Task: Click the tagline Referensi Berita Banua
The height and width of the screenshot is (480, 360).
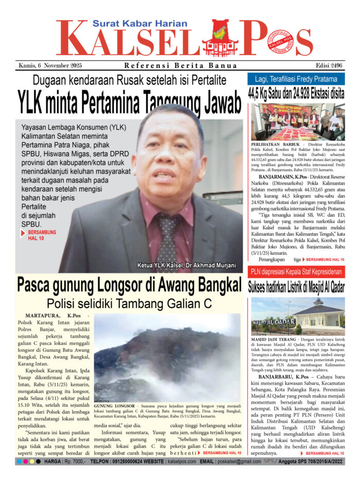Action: click(x=181, y=65)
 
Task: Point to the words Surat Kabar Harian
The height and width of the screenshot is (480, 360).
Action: click(x=135, y=23)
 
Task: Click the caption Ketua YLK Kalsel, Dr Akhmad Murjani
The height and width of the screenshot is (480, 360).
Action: click(x=186, y=265)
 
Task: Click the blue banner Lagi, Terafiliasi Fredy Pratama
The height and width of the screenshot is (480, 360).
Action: click(x=299, y=79)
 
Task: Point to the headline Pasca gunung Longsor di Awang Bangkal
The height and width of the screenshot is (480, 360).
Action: click(x=129, y=285)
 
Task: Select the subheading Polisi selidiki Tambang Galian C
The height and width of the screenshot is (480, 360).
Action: click(x=129, y=304)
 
